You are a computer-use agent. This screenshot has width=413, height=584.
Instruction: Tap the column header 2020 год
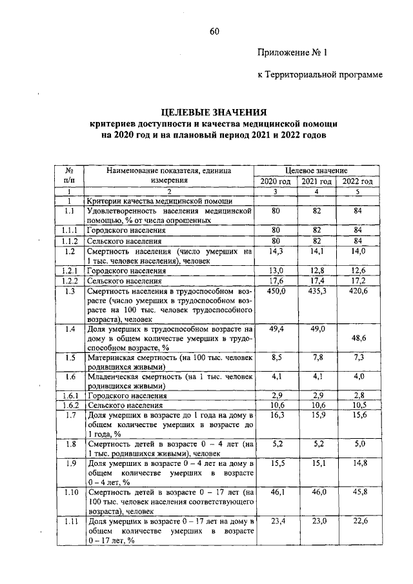tap(276, 181)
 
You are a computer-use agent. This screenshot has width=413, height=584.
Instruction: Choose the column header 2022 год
tap(357, 181)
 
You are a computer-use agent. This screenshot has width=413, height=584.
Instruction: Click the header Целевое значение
tap(316, 170)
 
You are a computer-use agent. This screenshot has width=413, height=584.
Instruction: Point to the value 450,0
tap(276, 292)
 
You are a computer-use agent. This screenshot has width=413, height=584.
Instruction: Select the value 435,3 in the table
tap(317, 292)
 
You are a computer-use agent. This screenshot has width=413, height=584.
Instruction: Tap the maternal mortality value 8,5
tap(276, 357)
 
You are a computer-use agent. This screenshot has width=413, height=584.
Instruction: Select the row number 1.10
tap(71, 492)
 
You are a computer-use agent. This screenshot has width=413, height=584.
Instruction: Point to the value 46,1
tap(276, 492)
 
